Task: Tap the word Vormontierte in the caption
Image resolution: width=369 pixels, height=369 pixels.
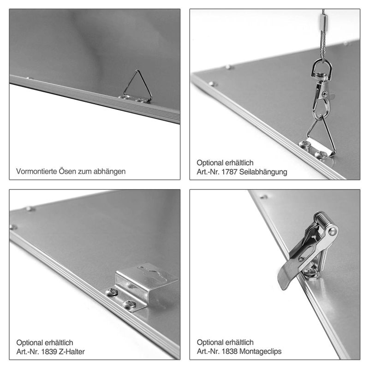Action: [36, 171]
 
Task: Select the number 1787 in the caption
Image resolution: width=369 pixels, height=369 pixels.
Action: [229, 172]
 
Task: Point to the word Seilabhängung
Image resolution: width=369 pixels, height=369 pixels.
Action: [263, 172]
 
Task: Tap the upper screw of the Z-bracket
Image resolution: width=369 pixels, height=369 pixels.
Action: [112, 292]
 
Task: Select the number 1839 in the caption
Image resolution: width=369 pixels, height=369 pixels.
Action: [49, 351]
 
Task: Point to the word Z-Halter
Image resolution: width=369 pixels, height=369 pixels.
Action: [72, 351]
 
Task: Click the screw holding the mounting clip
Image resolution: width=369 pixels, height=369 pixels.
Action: [310, 273]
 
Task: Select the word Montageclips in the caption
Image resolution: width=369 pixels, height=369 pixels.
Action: [260, 351]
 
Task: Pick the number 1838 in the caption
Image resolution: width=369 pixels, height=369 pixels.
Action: [230, 351]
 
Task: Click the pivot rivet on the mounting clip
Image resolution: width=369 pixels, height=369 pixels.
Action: [332, 231]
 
